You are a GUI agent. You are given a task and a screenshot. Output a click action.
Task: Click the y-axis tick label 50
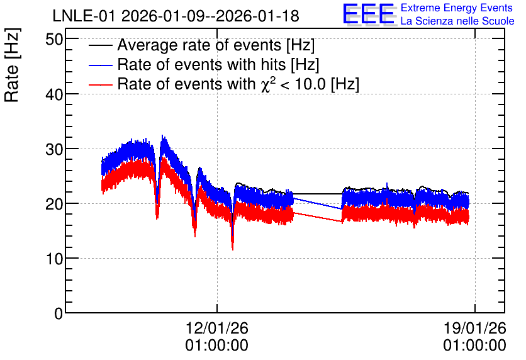pyautogui.click(x=54, y=39)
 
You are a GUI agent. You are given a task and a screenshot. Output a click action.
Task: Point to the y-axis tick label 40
pyautogui.click(x=54, y=94)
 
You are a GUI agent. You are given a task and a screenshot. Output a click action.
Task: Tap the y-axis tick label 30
pyautogui.click(x=54, y=149)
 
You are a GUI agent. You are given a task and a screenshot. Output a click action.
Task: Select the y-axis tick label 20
pyautogui.click(x=54, y=204)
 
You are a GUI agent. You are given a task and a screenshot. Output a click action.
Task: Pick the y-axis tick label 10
pyautogui.click(x=54, y=259)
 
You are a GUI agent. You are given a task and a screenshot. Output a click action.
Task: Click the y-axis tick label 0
pyautogui.click(x=59, y=313)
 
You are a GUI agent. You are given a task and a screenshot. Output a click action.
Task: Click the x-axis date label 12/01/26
pyautogui.click(x=216, y=328)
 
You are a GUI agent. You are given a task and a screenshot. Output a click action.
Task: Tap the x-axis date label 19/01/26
pyautogui.click(x=474, y=328)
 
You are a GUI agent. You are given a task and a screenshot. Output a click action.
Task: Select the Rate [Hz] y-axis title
pyautogui.click(x=12, y=65)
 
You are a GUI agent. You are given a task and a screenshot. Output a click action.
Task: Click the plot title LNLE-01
pyautogui.click(x=85, y=16)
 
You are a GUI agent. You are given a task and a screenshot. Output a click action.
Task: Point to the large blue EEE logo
pyautogui.click(x=368, y=14)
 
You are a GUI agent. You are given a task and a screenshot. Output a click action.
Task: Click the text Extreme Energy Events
pyautogui.click(x=457, y=8)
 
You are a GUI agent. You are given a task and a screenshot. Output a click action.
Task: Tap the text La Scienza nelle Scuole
pyautogui.click(x=457, y=21)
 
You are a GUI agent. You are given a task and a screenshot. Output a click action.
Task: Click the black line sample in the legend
pyautogui.click(x=100, y=45)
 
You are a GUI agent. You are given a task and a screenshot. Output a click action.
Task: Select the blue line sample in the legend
pyautogui.click(x=100, y=65)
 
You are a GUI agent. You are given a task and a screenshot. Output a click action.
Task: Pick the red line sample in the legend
pyautogui.click(x=100, y=84)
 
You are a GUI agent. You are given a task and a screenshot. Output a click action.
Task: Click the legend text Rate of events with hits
pyautogui.click(x=201, y=64)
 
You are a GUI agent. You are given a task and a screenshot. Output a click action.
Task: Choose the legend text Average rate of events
pyautogui.click(x=199, y=45)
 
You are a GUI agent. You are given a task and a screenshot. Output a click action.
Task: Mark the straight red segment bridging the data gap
pyautogui.click(x=318, y=217)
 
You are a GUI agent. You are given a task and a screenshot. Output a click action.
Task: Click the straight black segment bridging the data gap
pyautogui.click(x=318, y=194)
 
